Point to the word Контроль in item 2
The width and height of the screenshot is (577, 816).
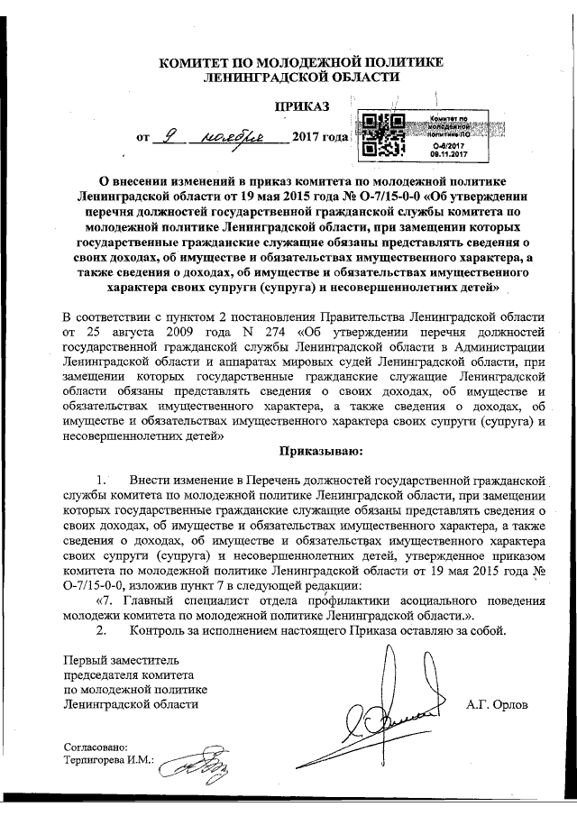coord(159,629)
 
